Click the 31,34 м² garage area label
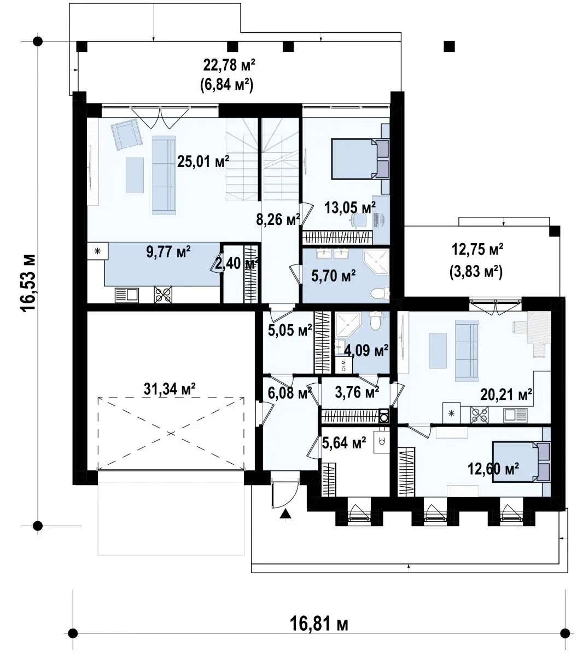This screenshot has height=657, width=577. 170,389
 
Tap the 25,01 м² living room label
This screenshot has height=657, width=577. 203,161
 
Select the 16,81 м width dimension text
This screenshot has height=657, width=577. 319,623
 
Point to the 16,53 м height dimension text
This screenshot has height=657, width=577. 28,283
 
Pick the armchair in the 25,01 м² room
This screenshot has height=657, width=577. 127,134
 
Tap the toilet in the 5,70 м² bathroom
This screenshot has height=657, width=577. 380,293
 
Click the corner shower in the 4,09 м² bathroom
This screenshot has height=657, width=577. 348,325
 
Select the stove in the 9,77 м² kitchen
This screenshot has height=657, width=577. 163,295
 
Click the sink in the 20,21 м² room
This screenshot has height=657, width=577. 515,415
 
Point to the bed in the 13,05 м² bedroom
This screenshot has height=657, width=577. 360,159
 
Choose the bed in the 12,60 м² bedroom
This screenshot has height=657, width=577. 521,462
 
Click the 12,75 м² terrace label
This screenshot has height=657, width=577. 477,249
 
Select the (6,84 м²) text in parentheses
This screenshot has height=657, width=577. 227,85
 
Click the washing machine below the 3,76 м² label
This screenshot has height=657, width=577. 384,416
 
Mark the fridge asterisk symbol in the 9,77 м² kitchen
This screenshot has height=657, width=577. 97,251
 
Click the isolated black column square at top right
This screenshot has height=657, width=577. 449,47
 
